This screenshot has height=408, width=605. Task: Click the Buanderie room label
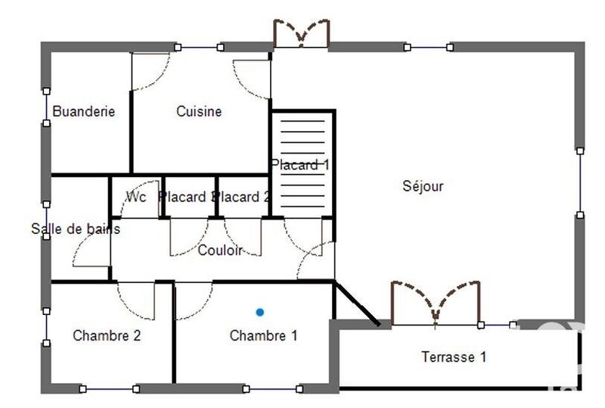click(84, 111)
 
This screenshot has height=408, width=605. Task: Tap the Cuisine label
click(199, 111)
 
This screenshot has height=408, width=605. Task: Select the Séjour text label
click(423, 186)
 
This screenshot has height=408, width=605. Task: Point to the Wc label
click(136, 197)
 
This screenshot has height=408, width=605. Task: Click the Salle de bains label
click(75, 229)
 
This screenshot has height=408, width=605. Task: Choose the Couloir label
click(219, 251)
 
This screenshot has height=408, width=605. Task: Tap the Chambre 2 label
click(107, 335)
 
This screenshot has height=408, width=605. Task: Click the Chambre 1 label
click(263, 335)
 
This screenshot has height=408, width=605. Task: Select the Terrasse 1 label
click(454, 357)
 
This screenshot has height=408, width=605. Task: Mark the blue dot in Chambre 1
click(260, 312)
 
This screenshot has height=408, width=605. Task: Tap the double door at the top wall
click(301, 35)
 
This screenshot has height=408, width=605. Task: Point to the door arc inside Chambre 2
click(136, 301)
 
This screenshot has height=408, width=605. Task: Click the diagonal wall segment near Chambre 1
click(357, 304)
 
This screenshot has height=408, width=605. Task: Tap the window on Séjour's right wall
click(580, 182)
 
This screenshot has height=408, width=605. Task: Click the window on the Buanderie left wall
click(46, 107)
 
